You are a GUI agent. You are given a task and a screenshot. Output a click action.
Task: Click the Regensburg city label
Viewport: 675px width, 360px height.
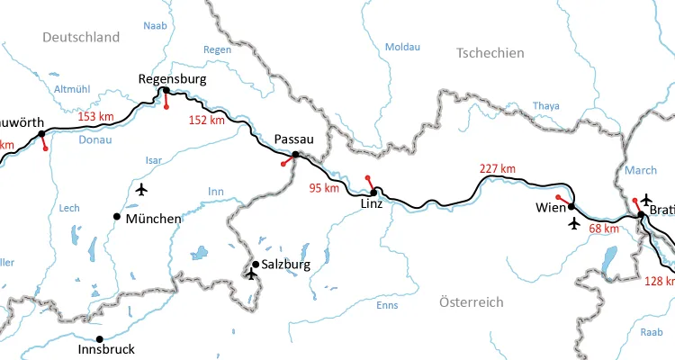(x=172, y=79)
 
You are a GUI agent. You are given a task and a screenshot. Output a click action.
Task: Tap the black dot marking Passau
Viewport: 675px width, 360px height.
(x=295, y=154)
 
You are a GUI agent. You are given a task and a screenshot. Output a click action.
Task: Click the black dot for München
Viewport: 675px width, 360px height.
(x=116, y=216)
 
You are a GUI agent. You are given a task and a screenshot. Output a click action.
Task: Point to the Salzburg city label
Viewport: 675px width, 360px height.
(x=285, y=265)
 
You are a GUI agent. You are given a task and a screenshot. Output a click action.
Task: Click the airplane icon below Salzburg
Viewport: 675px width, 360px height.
(x=251, y=274)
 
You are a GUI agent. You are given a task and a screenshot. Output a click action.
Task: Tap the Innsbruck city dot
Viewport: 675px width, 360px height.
(x=100, y=339)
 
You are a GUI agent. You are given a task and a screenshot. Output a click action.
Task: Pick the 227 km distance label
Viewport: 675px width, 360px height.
(x=498, y=168)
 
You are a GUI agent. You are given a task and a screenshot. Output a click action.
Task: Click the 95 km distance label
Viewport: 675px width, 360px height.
(x=324, y=188)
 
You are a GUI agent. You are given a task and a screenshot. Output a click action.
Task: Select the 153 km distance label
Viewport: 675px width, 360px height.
(x=95, y=116)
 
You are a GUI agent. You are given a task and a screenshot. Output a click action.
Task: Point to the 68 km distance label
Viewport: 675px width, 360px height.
(x=603, y=229)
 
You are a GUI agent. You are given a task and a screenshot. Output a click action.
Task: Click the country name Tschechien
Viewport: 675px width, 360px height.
(x=490, y=53)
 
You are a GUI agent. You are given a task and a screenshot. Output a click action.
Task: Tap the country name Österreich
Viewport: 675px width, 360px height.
(x=471, y=301)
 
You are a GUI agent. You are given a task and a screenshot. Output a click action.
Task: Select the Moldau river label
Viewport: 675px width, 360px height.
(x=401, y=47)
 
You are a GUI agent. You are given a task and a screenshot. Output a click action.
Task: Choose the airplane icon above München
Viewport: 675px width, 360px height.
(x=141, y=189)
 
